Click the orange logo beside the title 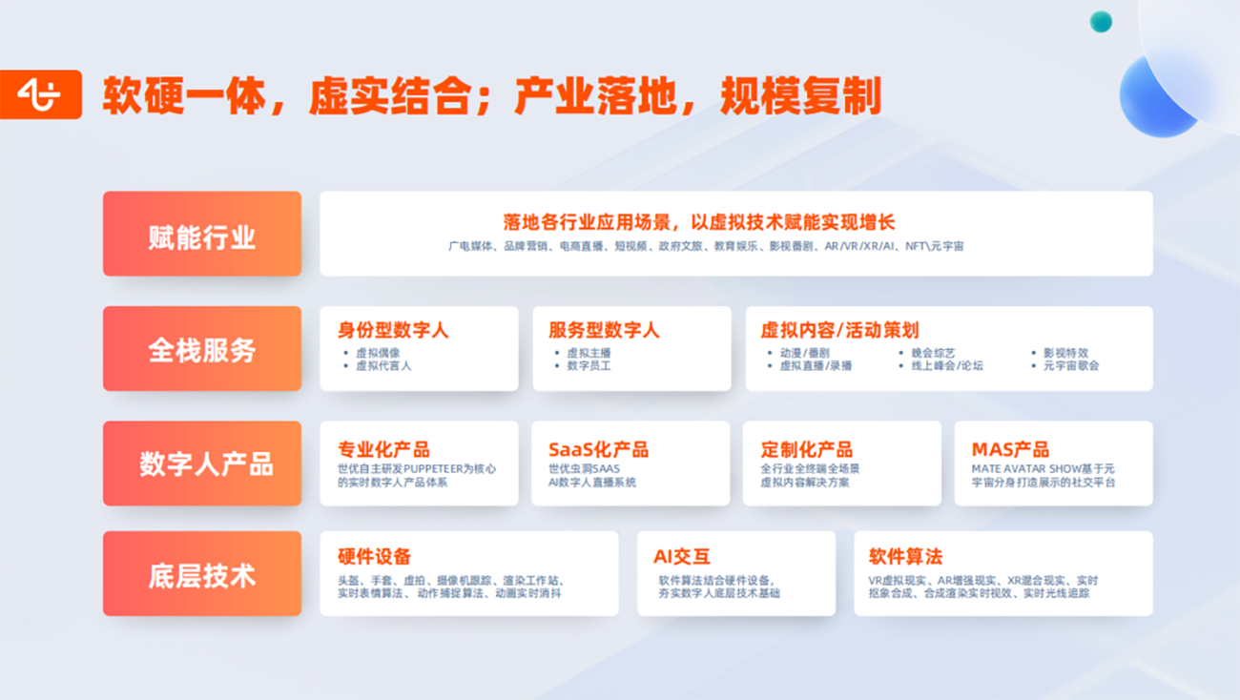click(40, 94)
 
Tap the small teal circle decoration click(1101, 22)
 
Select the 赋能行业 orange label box click(202, 234)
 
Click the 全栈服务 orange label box click(202, 349)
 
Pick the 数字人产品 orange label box click(202, 463)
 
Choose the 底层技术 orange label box click(202, 574)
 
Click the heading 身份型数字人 click(392, 330)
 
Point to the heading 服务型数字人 click(604, 330)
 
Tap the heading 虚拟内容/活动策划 click(839, 330)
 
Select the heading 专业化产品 click(383, 449)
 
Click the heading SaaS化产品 click(598, 449)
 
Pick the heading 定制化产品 click(806, 449)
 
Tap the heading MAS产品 click(1010, 449)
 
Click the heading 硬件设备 click(374, 556)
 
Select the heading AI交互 click(681, 556)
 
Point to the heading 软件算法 click(905, 556)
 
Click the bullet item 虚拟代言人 click(383, 366)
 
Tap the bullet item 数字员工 click(589, 366)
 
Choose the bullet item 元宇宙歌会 click(1071, 366)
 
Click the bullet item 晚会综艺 click(933, 353)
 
